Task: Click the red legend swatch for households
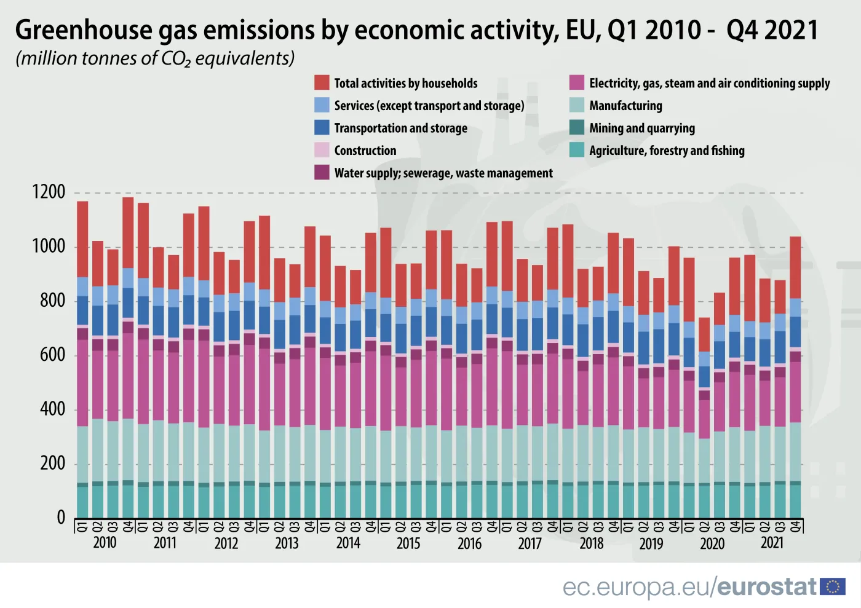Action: pyautogui.click(x=322, y=83)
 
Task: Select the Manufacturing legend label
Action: pyautogui.click(x=625, y=106)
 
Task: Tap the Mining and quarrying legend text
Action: pyautogui.click(x=641, y=128)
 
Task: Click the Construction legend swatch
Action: pyautogui.click(x=322, y=150)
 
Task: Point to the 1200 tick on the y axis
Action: pyautogui.click(x=49, y=192)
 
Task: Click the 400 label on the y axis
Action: pyautogui.click(x=52, y=409)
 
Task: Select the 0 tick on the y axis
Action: pyautogui.click(x=61, y=518)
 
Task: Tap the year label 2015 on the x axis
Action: pyautogui.click(x=408, y=543)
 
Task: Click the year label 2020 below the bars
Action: pyautogui.click(x=712, y=543)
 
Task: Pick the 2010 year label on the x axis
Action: pyautogui.click(x=105, y=543)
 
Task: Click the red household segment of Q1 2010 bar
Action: pyautogui.click(x=82, y=239)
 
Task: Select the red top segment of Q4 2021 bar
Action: pyautogui.click(x=795, y=267)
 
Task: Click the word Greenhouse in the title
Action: pyautogui.click(x=83, y=30)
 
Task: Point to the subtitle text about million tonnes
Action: pyautogui.click(x=155, y=58)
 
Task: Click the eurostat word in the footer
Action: pyautogui.click(x=767, y=587)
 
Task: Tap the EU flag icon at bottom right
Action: pyautogui.click(x=833, y=586)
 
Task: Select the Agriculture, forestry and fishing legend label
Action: pyautogui.click(x=666, y=151)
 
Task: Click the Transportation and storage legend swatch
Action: pyautogui.click(x=322, y=128)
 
